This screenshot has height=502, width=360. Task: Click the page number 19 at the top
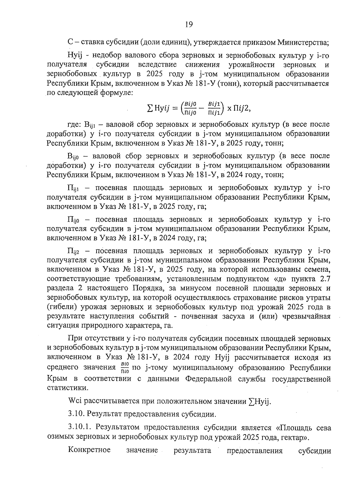(188, 24)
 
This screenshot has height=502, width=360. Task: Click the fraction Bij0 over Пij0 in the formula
(190, 108)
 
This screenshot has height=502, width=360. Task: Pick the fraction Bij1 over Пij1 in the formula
(214, 108)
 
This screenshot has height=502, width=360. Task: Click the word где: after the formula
(74, 124)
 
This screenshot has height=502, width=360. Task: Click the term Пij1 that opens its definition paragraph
(74, 188)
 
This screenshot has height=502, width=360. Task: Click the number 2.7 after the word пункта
(325, 279)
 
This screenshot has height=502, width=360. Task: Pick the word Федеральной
(208, 379)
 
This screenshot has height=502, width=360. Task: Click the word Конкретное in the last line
(89, 450)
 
